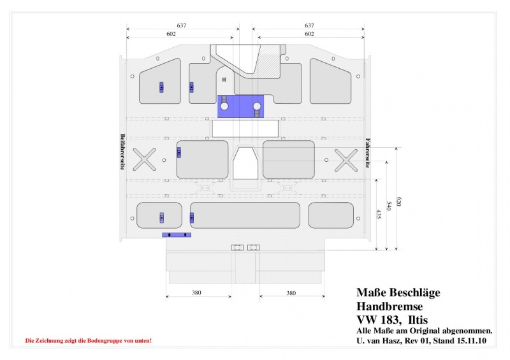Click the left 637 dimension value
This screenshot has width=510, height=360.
point(182,25)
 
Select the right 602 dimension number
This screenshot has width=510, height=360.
point(309,34)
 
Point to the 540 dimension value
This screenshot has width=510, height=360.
point(389,206)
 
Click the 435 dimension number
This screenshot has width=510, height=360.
point(379,214)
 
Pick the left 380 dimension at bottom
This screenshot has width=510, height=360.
point(196,292)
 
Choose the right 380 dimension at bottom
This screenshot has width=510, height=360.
point(291,293)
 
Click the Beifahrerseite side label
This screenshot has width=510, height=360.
point(122,152)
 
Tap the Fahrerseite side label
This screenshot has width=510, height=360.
point(368,153)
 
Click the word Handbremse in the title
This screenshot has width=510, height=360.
point(390,306)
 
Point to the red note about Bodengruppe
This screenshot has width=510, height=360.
point(89,341)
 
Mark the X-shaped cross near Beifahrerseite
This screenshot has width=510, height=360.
point(145,159)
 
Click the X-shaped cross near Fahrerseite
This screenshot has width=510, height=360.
point(346,160)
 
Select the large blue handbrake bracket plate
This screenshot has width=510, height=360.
point(240,106)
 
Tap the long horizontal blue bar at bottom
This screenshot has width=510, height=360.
point(177,235)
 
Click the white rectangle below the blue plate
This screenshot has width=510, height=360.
point(245,129)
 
